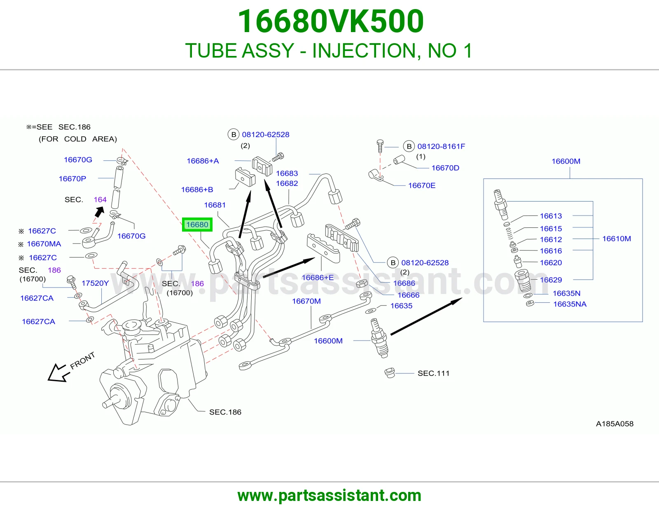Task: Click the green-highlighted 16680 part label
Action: point(197,225)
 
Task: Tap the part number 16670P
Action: point(72,178)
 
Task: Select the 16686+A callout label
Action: point(203,161)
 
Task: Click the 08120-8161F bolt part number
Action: point(441,146)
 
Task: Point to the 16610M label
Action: point(617,239)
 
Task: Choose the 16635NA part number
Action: point(570,304)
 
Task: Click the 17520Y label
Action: point(95,283)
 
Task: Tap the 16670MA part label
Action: point(44,244)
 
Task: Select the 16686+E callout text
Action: point(318,277)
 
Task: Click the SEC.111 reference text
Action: point(433,373)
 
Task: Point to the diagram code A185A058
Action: point(615,424)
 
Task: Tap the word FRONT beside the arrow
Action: point(82,360)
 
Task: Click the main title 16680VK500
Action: point(331,21)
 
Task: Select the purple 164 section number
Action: point(100,199)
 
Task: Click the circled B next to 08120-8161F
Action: point(409,146)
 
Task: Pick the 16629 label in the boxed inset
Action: point(551,280)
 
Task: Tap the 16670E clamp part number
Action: point(421,185)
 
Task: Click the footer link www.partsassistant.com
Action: point(329,496)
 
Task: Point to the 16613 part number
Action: point(551,216)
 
